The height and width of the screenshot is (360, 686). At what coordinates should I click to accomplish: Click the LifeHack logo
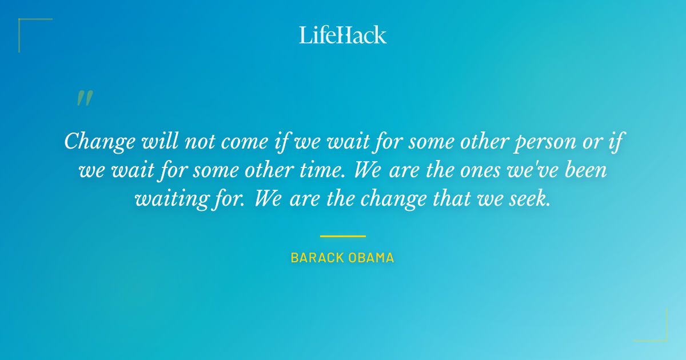[343, 35]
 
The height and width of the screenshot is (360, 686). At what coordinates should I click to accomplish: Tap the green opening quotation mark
[84, 98]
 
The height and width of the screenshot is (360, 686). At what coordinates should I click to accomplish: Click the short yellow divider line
[342, 236]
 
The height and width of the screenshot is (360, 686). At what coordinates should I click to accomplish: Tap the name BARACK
[316, 258]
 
